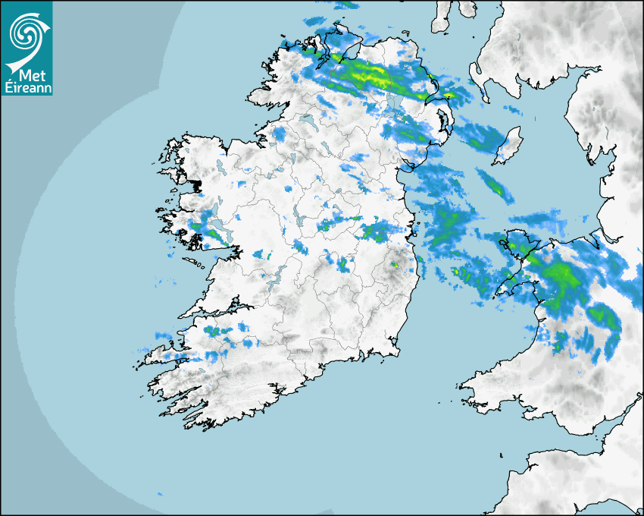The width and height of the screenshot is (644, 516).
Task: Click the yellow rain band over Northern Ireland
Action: [x=371, y=74]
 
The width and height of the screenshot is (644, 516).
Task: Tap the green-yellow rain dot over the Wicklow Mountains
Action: [x=393, y=265]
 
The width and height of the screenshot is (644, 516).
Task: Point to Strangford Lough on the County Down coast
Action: [x=444, y=122]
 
